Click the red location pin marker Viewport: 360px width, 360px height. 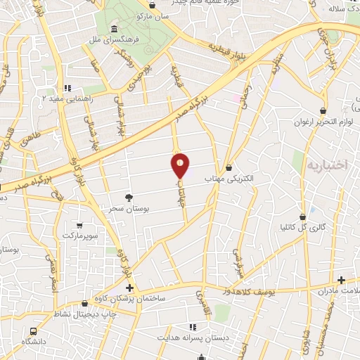[x=181, y=165]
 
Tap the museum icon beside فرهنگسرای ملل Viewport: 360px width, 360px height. [x=114, y=29]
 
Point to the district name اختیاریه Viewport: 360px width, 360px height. [x=327, y=165]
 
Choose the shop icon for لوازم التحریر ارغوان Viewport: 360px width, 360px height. [x=323, y=110]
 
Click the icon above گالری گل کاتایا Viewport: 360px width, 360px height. [x=302, y=216]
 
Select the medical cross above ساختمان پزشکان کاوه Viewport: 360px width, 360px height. [x=129, y=288]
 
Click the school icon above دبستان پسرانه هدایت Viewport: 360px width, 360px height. [x=191, y=326]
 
